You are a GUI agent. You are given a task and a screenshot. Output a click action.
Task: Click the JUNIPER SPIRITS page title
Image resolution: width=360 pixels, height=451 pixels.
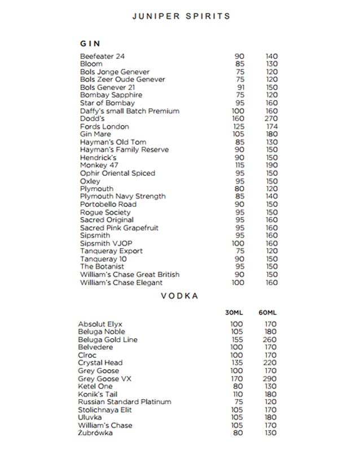[x=181, y=16]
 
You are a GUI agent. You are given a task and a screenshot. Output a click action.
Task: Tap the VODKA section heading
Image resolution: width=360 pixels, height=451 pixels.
[x=181, y=295]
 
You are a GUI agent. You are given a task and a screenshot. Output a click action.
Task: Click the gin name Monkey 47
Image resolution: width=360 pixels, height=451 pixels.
[x=99, y=165]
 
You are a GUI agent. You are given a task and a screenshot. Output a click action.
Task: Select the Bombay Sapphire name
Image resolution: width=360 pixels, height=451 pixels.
[x=111, y=95]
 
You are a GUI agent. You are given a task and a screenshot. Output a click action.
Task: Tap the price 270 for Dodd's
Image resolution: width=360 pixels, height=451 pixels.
[x=271, y=118]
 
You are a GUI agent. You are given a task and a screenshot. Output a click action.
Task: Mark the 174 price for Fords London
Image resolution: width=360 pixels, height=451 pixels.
[x=271, y=126]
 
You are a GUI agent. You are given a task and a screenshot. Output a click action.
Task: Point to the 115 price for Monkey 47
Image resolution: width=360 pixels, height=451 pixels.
[x=239, y=165]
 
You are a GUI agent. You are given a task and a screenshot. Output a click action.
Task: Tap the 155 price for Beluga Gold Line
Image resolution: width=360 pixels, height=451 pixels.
[x=237, y=340]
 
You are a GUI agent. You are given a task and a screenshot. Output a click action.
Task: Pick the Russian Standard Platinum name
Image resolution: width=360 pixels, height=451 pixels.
[x=125, y=402]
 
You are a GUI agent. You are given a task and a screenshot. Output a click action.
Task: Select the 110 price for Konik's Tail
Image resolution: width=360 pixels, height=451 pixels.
[x=237, y=394]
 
